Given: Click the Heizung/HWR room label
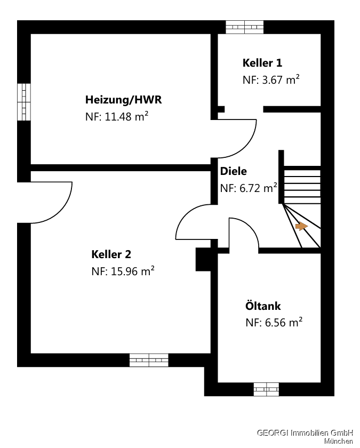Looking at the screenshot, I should point(123,100).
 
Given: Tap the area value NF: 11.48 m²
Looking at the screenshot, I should point(116,117).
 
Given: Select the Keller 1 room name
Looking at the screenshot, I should point(262,63).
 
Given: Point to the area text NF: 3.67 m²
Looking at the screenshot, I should point(271,80).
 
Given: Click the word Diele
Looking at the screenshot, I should point(234,171).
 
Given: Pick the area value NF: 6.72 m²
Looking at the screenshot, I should point(249,188).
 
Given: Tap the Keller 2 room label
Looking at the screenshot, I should point(111,254).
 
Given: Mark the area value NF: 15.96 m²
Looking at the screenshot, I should point(123,271).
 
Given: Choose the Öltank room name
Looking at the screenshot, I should point(263,306).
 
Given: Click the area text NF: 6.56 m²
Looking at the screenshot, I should point(274,322).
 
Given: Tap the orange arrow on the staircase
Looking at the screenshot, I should point(301,226).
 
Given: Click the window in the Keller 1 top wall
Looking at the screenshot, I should point(244,27).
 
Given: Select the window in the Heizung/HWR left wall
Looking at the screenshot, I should point(23,102).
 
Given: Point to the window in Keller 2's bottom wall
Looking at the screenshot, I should point(149,360).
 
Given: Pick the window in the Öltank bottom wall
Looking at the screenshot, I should point(266,389).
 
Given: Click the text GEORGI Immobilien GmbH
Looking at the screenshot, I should point(305,433).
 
